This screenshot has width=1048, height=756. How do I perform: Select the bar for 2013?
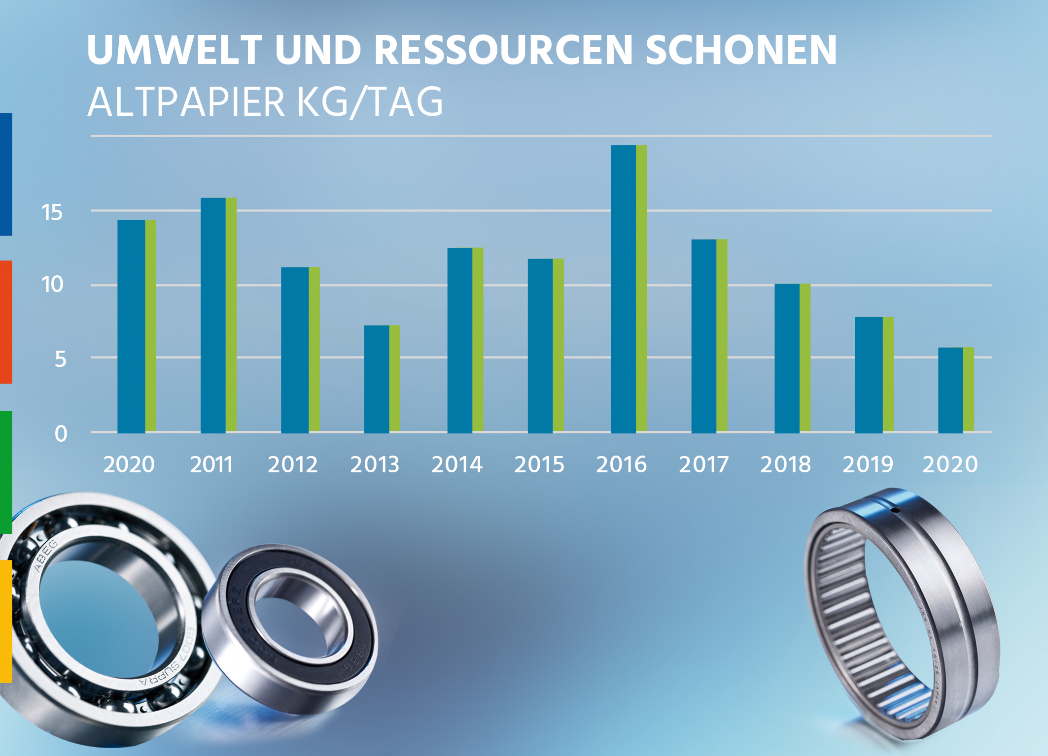pos(382,379)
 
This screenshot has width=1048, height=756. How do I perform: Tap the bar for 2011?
pos(218,315)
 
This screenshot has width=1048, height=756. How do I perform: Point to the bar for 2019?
pos(874,375)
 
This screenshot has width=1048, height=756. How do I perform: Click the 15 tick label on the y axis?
pos(52,213)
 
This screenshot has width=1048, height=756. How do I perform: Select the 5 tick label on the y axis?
pos(60,360)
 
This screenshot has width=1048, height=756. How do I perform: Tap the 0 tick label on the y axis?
pos(61,434)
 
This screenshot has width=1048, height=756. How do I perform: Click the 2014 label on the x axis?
pos(457,464)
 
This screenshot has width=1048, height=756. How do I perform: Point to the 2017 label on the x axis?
pos(703,464)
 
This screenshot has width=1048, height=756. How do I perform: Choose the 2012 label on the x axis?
pos(293,464)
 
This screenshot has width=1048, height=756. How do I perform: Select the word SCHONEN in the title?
pos(741,50)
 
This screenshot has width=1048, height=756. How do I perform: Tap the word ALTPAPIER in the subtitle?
pos(186,102)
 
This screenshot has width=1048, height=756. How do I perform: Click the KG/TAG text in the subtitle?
pos(370,102)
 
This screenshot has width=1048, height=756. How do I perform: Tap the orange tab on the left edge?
pos(6,322)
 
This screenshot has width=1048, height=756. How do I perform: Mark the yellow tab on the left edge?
pos(6,621)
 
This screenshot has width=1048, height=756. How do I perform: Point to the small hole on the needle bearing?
pos(895,510)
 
